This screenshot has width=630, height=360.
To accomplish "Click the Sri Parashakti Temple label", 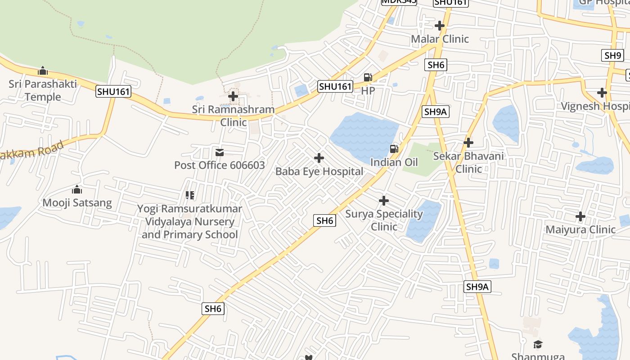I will tap(43, 90).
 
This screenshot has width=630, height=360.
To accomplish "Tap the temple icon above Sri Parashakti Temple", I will tap(43, 71).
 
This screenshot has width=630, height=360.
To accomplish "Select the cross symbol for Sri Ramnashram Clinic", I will tap(233, 96).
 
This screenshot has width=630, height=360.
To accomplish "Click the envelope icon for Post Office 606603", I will tap(220, 153).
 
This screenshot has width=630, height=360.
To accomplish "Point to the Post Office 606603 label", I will tap(220, 165).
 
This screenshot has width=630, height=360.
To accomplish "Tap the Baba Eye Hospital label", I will tap(319, 171).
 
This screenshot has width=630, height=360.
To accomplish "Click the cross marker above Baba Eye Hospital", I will tap(319, 158).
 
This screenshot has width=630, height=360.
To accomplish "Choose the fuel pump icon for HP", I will tap(368, 77).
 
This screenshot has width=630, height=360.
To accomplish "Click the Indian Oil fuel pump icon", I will tap(394, 149).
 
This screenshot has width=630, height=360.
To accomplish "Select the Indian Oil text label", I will tap(394, 162).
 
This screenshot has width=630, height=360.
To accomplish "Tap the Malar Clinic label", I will tap(440, 39).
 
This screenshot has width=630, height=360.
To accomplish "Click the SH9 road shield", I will tap(612, 55).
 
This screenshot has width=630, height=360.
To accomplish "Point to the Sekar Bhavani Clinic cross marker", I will tap(468, 143).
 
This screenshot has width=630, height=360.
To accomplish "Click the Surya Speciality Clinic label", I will tap(384, 220).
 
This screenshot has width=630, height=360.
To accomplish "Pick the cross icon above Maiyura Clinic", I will tap(580, 216).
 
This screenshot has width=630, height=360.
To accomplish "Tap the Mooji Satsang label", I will tap(77, 202).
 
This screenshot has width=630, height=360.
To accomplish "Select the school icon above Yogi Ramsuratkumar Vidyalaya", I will tap(190, 195).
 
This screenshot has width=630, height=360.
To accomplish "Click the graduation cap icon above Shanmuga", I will tap(538, 345).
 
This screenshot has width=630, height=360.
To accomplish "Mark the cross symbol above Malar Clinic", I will tap(440, 26).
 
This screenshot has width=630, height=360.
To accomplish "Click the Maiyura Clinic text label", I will tap(580, 229).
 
